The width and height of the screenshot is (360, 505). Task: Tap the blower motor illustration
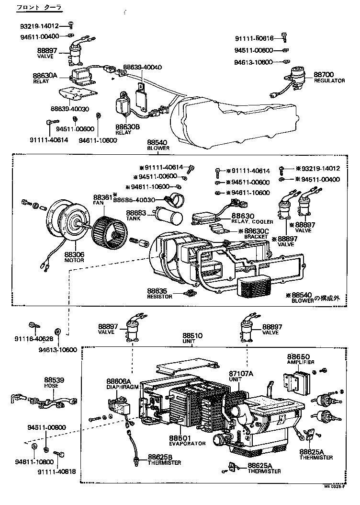(x=68, y=224)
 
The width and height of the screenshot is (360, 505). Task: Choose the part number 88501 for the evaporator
(x=180, y=438)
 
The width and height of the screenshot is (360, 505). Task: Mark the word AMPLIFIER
(x=301, y=362)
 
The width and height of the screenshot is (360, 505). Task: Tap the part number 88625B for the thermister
(x=161, y=457)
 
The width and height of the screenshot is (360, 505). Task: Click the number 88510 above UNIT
(x=192, y=335)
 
